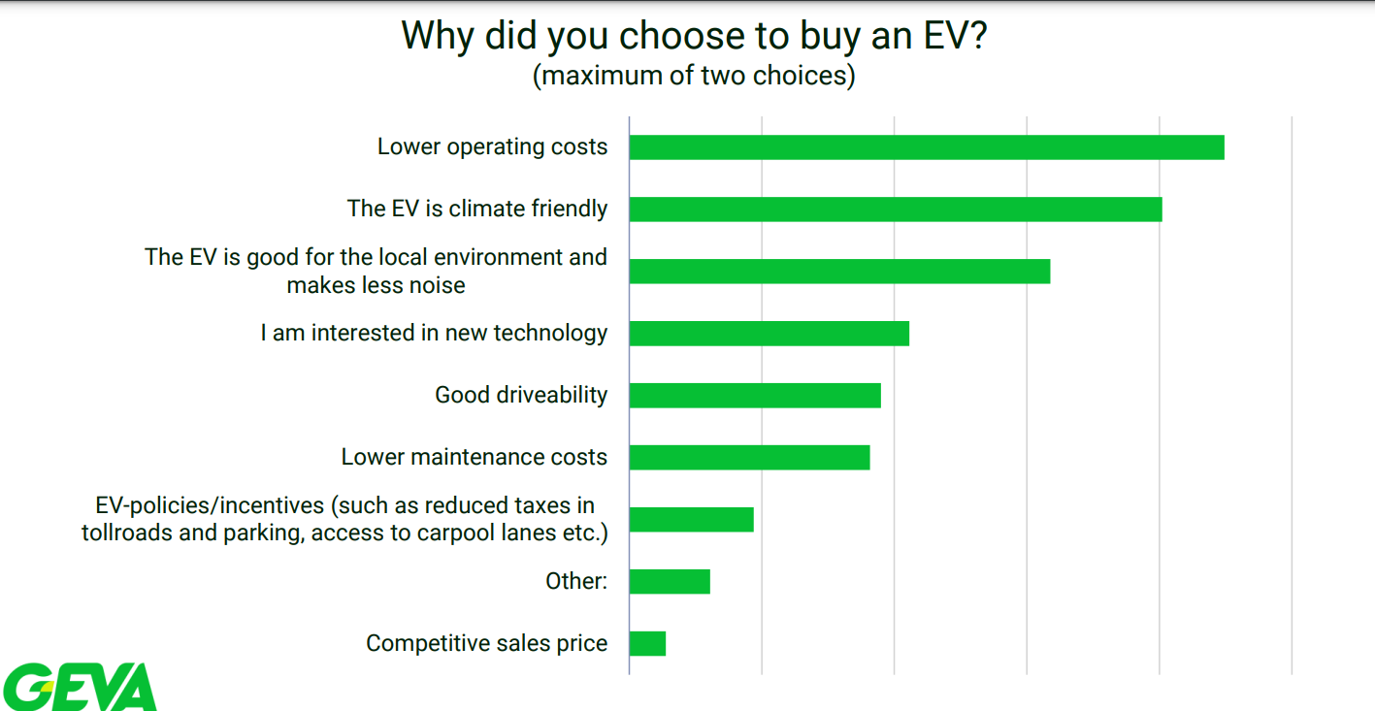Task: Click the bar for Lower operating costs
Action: (927, 147)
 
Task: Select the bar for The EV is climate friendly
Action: (896, 210)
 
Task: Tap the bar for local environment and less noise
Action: (839, 272)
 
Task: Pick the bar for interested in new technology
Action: (769, 334)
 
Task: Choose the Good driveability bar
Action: (755, 396)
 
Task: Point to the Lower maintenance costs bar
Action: (749, 458)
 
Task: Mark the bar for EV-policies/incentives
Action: (691, 520)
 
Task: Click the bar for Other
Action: (670, 582)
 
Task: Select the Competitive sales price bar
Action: (647, 644)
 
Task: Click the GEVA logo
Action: (80, 687)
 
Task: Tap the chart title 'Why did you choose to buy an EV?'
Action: (694, 36)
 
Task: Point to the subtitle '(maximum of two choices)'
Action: (694, 76)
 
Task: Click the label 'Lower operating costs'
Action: (492, 147)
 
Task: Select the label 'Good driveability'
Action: (521, 396)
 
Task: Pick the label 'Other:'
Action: (576, 582)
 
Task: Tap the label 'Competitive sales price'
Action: (486, 644)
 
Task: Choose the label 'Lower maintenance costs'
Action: (474, 458)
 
